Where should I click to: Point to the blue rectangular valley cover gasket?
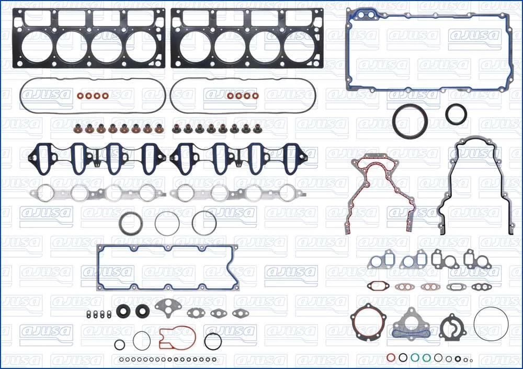[x=98, y=267]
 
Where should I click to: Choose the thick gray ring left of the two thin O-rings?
[x=122, y=223]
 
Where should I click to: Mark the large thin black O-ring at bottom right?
[x=474, y=324]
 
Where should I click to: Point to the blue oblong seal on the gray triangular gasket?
[x=405, y=334]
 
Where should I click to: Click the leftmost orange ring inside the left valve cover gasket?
[x=80, y=96]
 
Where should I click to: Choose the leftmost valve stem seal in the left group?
[x=77, y=128]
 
